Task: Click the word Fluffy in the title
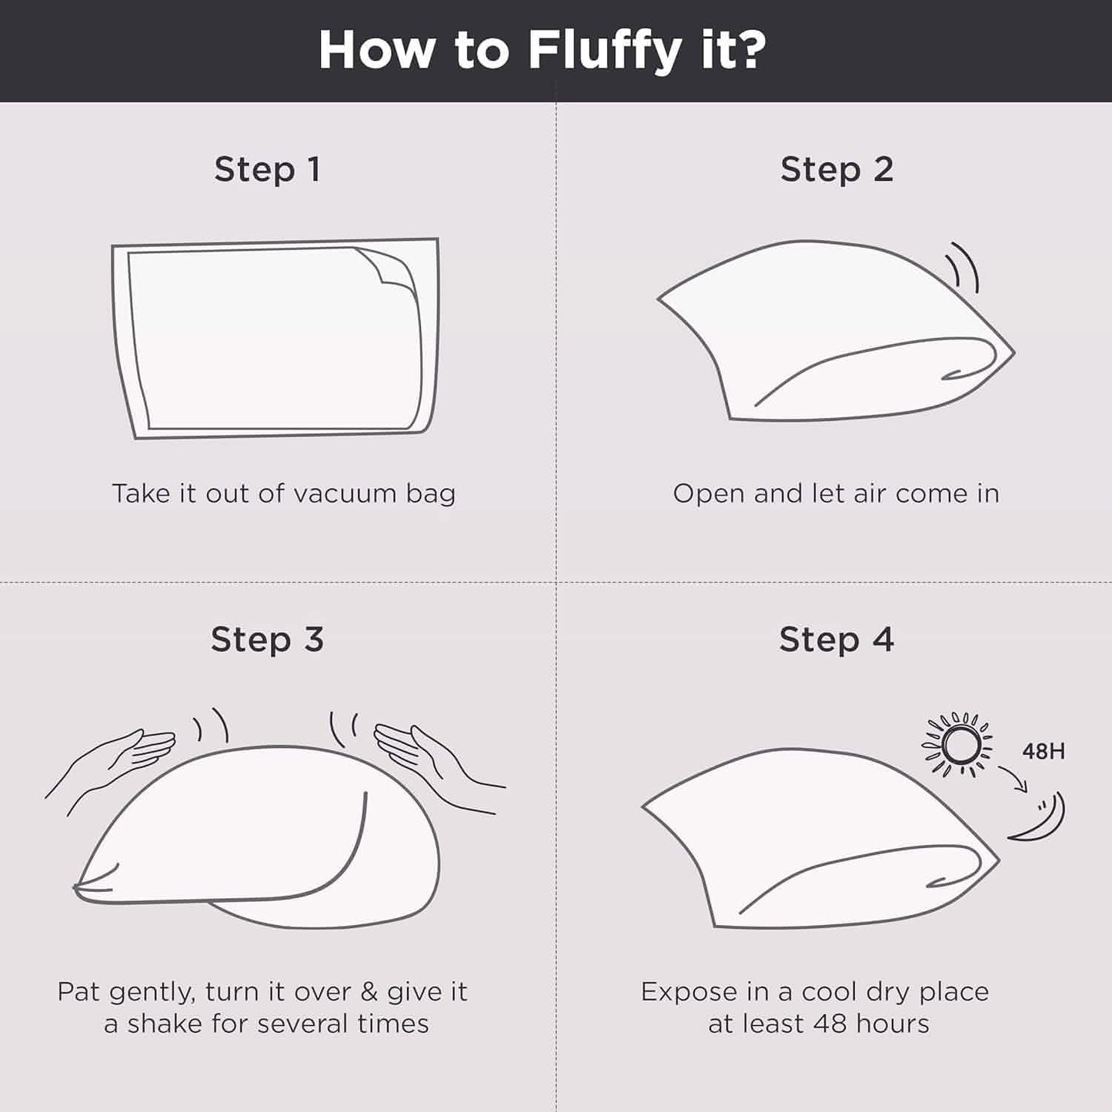(x=604, y=52)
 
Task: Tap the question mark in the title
(x=749, y=49)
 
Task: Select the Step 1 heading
(x=267, y=169)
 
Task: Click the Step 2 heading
(x=837, y=169)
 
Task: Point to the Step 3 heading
(x=267, y=640)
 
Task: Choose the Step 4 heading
(x=837, y=640)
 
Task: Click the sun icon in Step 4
(x=957, y=745)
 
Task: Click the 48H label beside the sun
(x=1044, y=751)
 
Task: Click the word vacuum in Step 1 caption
(x=345, y=494)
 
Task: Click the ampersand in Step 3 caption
(x=368, y=991)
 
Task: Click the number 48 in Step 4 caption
(x=830, y=1024)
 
